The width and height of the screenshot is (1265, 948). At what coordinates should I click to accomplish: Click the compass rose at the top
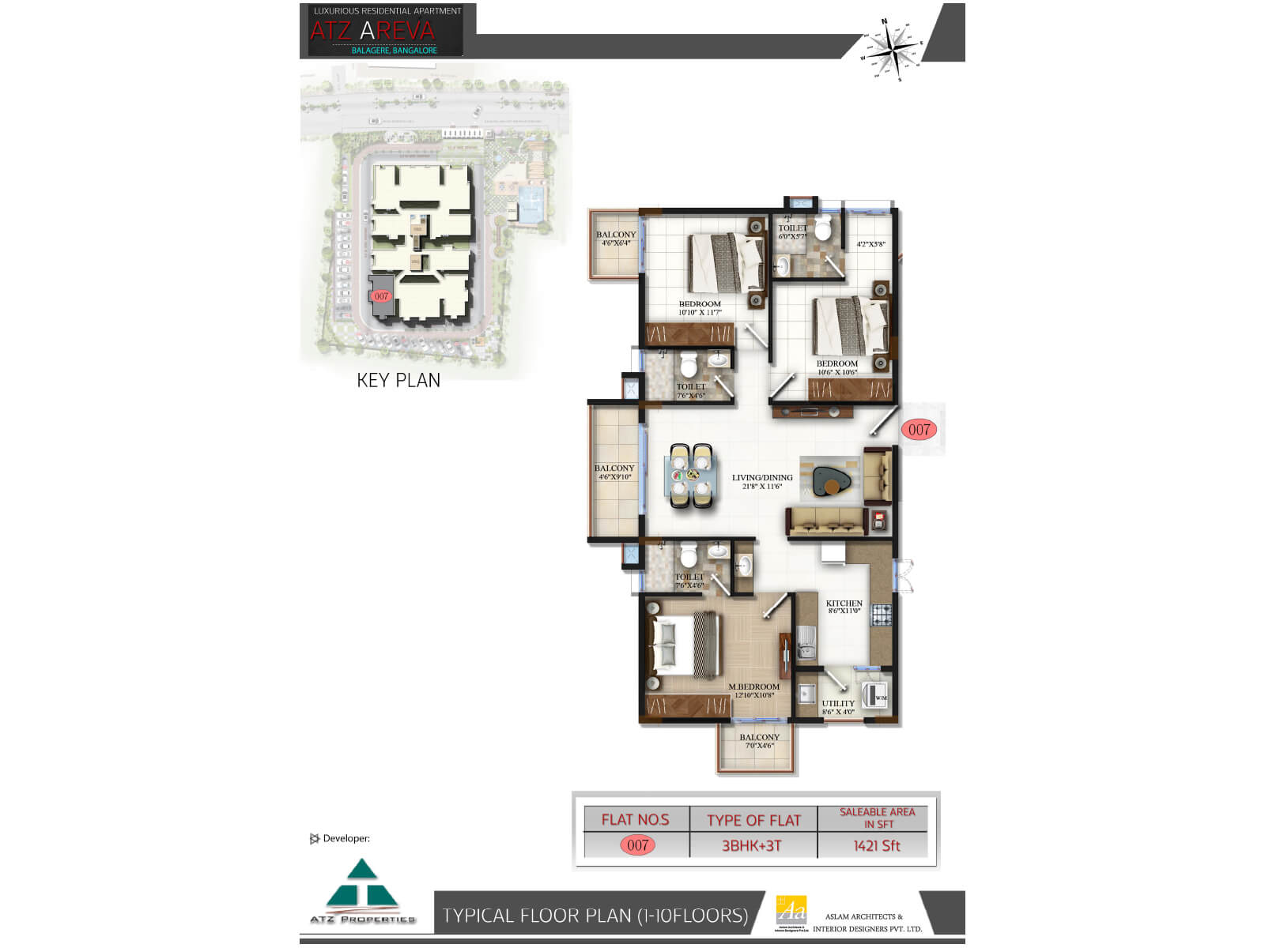coord(893,49)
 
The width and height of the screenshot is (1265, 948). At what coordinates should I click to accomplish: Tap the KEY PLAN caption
coord(398,380)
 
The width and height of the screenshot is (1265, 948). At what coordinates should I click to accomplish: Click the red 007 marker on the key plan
coord(381,296)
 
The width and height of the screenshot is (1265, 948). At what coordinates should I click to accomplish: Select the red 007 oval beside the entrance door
coord(919,430)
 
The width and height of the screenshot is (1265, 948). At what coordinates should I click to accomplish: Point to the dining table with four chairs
coord(691,476)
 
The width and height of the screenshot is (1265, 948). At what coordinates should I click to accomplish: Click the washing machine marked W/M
coord(876,696)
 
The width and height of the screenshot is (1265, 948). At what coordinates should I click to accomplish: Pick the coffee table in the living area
coord(831,479)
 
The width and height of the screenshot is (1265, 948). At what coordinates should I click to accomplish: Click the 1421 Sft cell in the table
coord(877,845)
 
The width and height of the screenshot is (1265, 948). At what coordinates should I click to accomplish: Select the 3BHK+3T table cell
coord(752,845)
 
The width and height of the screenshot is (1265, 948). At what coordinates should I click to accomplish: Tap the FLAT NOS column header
coord(635,820)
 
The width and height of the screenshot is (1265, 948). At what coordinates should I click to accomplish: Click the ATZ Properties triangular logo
coord(362,888)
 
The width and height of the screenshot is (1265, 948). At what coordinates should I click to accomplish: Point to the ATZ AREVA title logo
coord(372,31)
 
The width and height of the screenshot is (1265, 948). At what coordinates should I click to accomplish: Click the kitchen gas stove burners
coord(882,614)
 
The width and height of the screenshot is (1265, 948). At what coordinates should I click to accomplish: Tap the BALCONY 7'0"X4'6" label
coord(759,741)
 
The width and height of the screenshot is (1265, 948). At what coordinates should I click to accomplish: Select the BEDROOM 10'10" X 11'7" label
coord(700,307)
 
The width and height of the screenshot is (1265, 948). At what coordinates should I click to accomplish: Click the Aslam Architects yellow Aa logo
coord(791,911)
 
